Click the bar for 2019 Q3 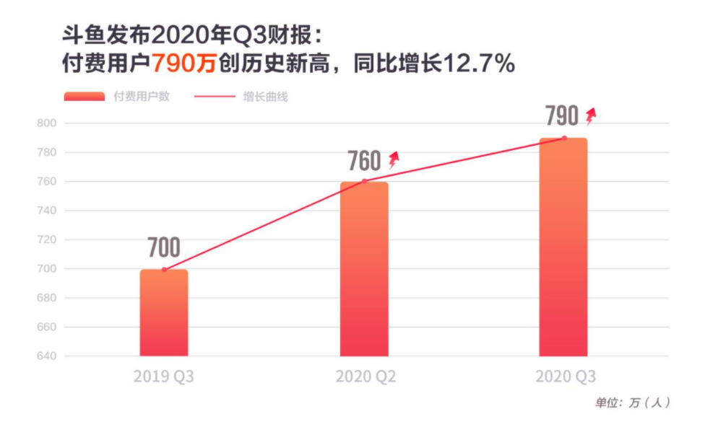(x=164, y=313)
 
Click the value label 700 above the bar (x=164, y=248)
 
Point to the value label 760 (x=364, y=161)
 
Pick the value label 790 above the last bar (x=562, y=116)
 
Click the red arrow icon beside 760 (x=393, y=159)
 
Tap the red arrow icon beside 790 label (x=591, y=115)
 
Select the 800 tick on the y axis (x=46, y=123)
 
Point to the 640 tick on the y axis (x=46, y=356)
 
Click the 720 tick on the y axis (x=46, y=239)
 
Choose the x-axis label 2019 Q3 (x=164, y=377)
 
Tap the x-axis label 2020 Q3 (x=565, y=377)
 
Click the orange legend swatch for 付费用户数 (x=84, y=97)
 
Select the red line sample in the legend (x=215, y=97)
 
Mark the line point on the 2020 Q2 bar (x=365, y=181)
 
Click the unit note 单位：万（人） (x=632, y=403)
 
